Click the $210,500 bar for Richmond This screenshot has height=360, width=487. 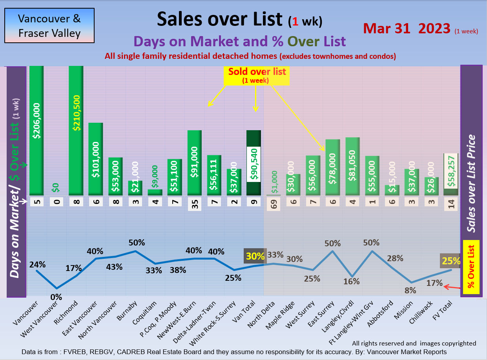click(76, 129)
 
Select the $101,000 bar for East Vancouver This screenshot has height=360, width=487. click(95, 159)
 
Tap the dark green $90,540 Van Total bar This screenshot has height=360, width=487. click(254, 163)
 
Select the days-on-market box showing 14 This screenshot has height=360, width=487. click(451, 204)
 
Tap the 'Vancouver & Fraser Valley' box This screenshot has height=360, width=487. click(49, 25)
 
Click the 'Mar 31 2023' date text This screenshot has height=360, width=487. click(407, 29)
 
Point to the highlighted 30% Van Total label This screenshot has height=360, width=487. click(255, 256)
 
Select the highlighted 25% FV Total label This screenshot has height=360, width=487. click(451, 261)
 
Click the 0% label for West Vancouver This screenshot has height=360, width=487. click(56, 297)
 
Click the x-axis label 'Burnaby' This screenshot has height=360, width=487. click(126, 311)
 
